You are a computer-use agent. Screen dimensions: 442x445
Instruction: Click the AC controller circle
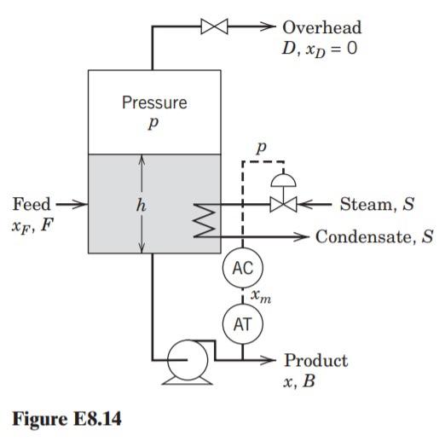(243, 268)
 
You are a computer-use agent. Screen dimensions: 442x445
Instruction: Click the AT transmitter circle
(243, 323)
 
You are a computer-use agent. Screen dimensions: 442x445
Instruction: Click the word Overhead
(322, 27)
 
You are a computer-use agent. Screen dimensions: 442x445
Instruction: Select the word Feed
(32, 205)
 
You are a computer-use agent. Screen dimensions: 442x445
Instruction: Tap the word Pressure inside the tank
(154, 103)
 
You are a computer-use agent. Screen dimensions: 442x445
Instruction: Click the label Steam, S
(375, 205)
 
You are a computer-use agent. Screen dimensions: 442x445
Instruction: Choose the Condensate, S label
(374, 236)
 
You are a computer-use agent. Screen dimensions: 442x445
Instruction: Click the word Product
(315, 360)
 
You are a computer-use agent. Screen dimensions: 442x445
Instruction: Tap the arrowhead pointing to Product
(274, 360)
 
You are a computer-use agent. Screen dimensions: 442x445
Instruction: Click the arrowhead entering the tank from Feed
(82, 205)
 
